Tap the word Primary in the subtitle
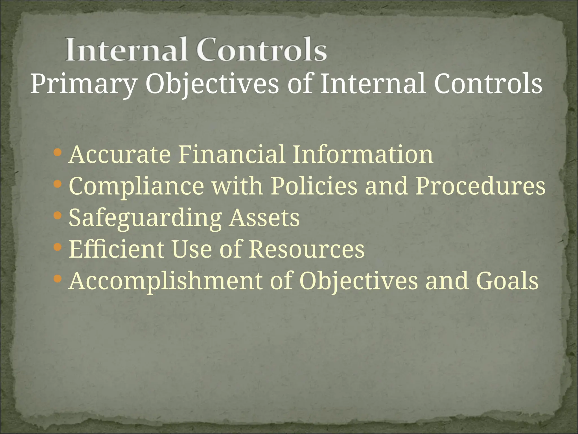(x=83, y=84)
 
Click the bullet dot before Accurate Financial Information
(x=57, y=153)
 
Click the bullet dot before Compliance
(x=57, y=185)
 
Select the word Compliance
(x=136, y=186)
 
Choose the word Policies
(x=314, y=186)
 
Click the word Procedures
(x=480, y=186)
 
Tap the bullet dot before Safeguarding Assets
(x=57, y=216)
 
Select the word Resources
(x=306, y=249)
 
